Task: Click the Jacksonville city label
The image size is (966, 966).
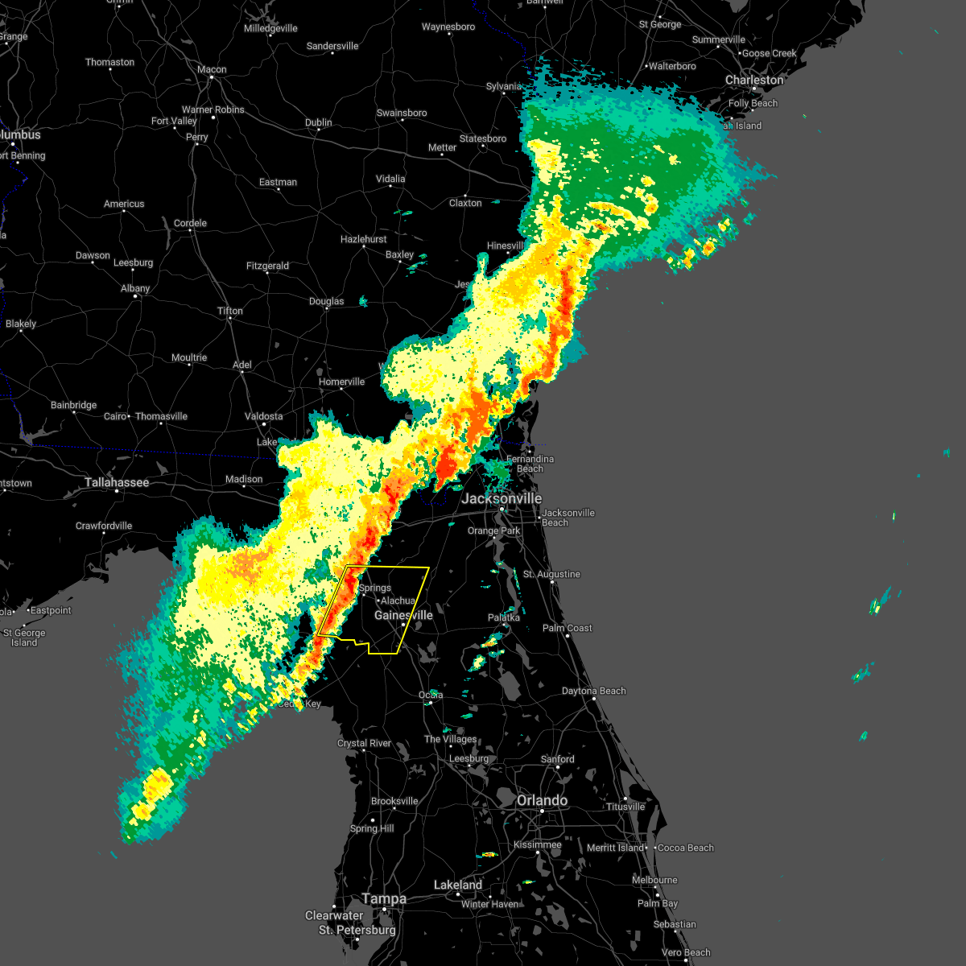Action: pyautogui.click(x=502, y=499)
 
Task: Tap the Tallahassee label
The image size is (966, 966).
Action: pyautogui.click(x=117, y=483)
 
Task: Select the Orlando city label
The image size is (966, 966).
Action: pyautogui.click(x=542, y=801)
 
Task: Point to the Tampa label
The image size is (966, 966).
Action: pyautogui.click(x=384, y=899)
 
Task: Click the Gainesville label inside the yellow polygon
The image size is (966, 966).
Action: pyautogui.click(x=403, y=616)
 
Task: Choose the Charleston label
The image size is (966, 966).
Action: pyautogui.click(x=753, y=80)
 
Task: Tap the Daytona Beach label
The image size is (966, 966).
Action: pyautogui.click(x=593, y=691)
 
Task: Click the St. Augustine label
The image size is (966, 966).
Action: pyautogui.click(x=551, y=575)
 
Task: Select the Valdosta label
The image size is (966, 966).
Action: pyautogui.click(x=263, y=417)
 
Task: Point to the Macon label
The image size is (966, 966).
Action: pyautogui.click(x=212, y=70)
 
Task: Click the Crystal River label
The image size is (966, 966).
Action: pyautogui.click(x=364, y=744)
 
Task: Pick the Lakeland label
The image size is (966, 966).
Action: pyautogui.click(x=457, y=885)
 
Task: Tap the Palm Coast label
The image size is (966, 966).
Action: pyautogui.click(x=567, y=629)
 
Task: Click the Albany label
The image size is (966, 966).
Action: pyautogui.click(x=135, y=289)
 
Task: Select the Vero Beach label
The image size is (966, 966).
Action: pyautogui.click(x=686, y=953)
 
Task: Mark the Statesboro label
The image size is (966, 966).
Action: pyautogui.click(x=483, y=139)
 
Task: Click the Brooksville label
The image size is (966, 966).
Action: pyautogui.click(x=394, y=802)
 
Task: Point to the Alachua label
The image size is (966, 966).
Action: pyautogui.click(x=398, y=601)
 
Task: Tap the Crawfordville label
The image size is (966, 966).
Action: pyautogui.click(x=104, y=526)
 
